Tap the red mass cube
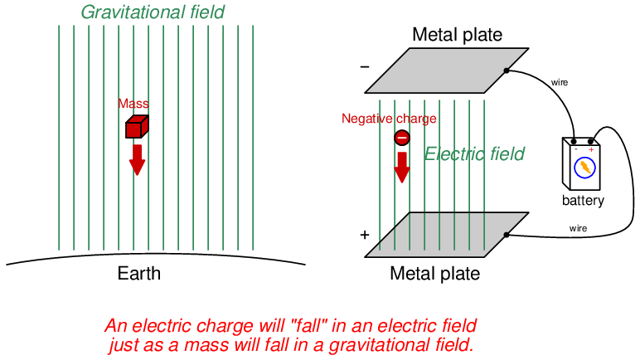tap(136, 126)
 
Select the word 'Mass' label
tap(133, 104)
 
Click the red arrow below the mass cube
tap(137, 159)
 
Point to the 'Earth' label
tap(139, 274)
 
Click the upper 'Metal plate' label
tap(457, 35)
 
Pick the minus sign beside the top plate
tap(365, 66)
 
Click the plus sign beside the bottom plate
tap(364, 235)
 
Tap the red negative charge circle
tap(401, 138)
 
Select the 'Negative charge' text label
tap(389, 119)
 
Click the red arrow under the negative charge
tap(402, 167)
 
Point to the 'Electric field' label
tap(474, 154)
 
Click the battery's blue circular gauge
tap(585, 168)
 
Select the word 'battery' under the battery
tap(583, 201)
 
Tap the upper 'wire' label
tap(560, 82)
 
